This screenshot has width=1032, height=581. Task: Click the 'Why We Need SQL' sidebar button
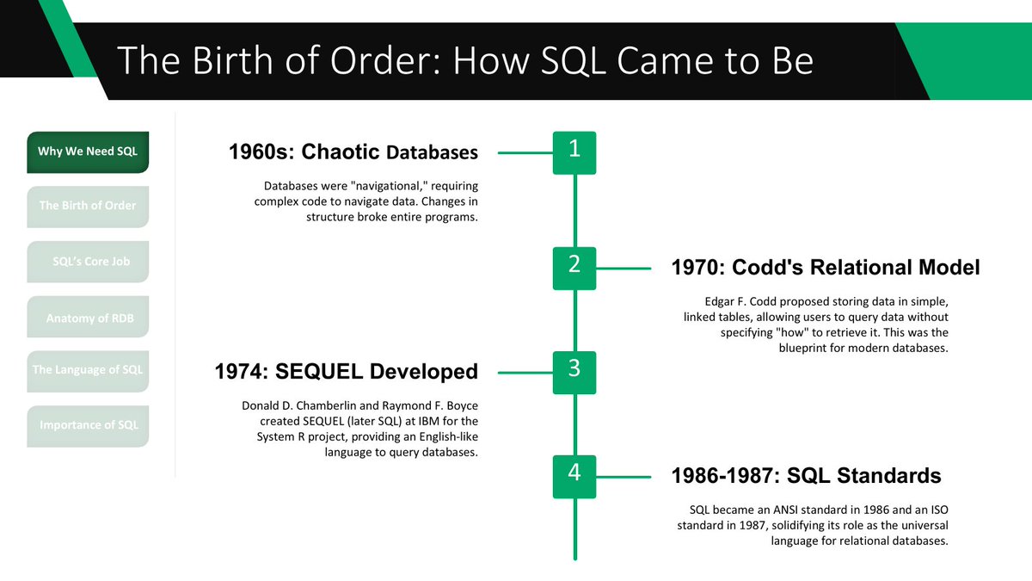click(x=88, y=152)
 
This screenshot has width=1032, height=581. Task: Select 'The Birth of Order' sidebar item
click(x=88, y=207)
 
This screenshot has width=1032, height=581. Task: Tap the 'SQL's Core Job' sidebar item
click(x=88, y=261)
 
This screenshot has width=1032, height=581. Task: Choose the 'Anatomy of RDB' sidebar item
click(x=88, y=318)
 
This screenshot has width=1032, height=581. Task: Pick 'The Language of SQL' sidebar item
click(x=88, y=371)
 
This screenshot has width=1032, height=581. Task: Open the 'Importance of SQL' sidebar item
click(x=88, y=426)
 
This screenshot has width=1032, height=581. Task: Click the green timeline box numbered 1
click(x=574, y=151)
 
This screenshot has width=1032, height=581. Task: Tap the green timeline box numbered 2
click(x=574, y=267)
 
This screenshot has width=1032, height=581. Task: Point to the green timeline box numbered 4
click(x=574, y=475)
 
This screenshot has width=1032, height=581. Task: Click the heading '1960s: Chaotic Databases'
click(x=353, y=152)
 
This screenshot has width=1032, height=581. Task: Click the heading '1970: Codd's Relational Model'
click(x=825, y=268)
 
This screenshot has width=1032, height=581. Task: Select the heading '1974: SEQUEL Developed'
click(x=346, y=372)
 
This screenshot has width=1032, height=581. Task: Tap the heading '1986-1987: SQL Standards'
click(x=806, y=476)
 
